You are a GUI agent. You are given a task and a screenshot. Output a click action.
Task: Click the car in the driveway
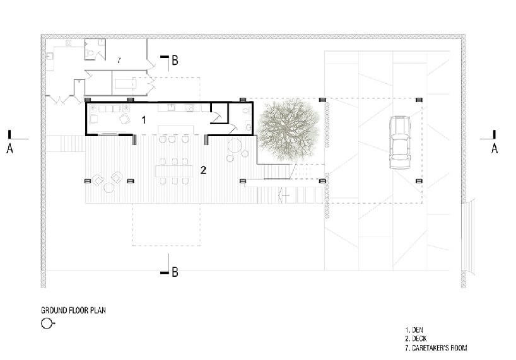(399, 142)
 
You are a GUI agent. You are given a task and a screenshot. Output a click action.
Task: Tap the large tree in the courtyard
(288, 130)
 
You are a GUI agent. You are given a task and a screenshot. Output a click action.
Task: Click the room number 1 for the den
(143, 120)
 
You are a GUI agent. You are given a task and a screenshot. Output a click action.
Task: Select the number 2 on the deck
(203, 170)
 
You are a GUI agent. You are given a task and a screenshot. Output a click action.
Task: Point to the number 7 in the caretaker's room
(119, 60)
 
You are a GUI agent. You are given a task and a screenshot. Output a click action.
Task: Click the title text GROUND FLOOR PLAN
(73, 310)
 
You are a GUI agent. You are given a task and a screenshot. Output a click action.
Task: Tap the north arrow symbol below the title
(47, 323)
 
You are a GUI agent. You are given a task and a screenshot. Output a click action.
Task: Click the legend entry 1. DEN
(414, 330)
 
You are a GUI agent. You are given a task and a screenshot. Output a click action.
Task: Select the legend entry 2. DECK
(416, 339)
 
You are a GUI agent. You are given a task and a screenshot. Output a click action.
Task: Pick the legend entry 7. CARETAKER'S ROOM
(436, 347)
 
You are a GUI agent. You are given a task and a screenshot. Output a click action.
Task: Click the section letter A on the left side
(10, 149)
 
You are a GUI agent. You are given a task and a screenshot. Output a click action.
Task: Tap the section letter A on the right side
(495, 149)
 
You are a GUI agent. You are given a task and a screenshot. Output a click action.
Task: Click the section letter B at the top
(175, 61)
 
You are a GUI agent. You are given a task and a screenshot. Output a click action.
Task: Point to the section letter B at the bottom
(175, 272)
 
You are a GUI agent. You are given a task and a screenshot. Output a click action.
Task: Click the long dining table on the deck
(174, 171)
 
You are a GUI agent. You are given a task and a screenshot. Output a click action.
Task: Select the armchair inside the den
(125, 119)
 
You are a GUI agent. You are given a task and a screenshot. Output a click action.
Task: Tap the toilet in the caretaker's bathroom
(90, 52)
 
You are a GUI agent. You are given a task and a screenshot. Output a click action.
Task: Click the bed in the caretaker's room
(126, 84)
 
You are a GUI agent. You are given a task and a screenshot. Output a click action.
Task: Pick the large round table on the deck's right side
(235, 146)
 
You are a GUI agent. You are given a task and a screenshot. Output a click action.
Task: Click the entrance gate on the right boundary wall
(467, 236)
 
